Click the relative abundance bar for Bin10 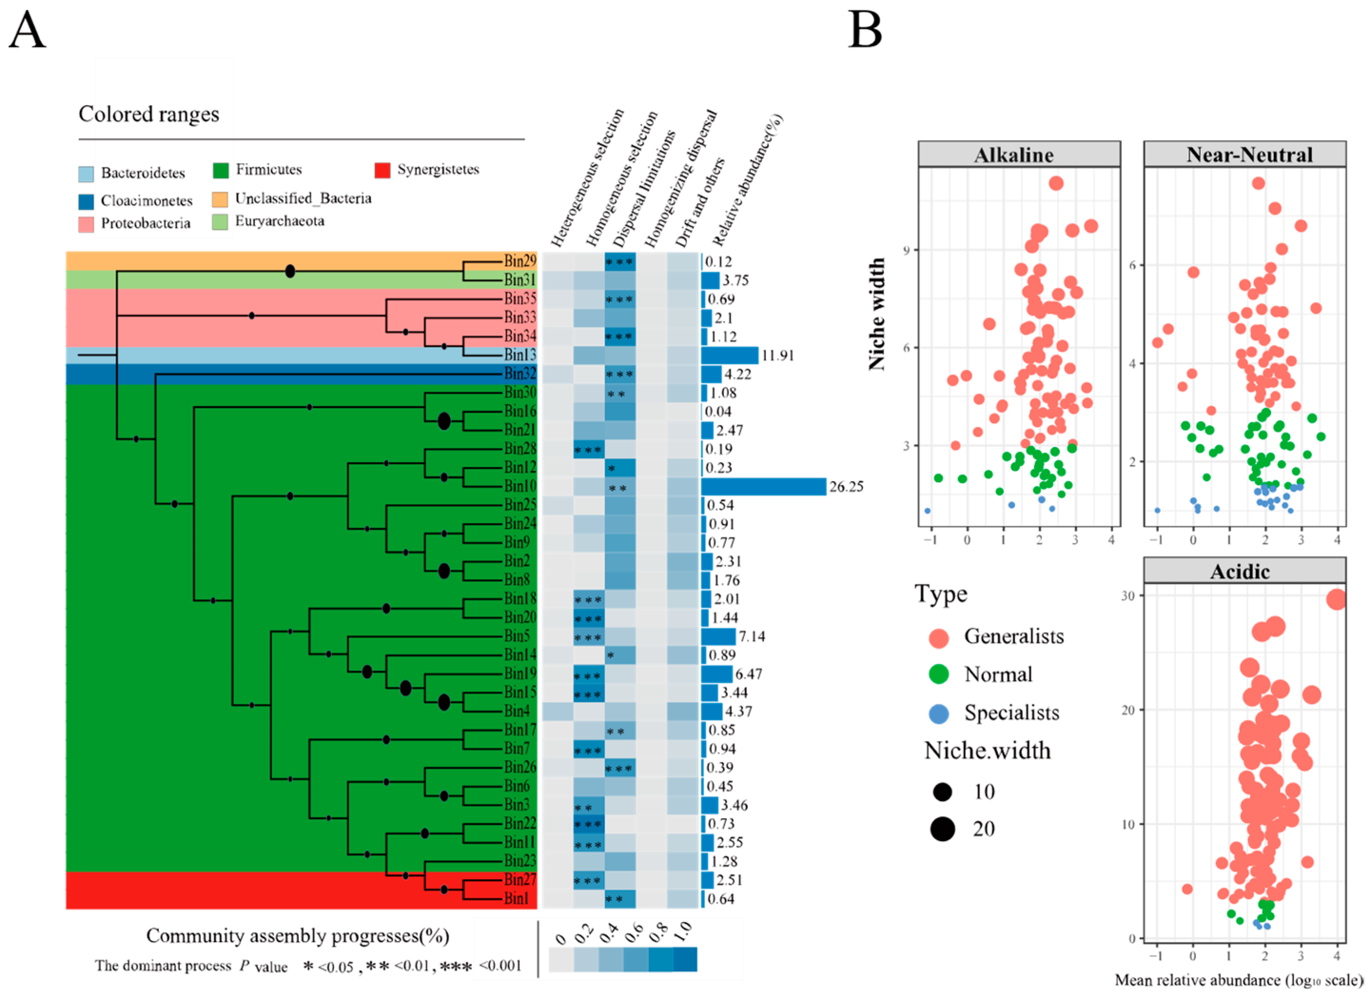coord(763,486)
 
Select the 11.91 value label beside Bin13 coord(777,355)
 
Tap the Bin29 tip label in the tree coord(520,262)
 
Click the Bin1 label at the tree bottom coord(516,899)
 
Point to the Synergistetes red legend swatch coord(382,170)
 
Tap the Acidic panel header coord(1240,572)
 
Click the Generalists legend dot coord(939,637)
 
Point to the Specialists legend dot coord(939,714)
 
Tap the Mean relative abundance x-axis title coord(1238,980)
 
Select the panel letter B coord(865,29)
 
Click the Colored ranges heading coord(149,114)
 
